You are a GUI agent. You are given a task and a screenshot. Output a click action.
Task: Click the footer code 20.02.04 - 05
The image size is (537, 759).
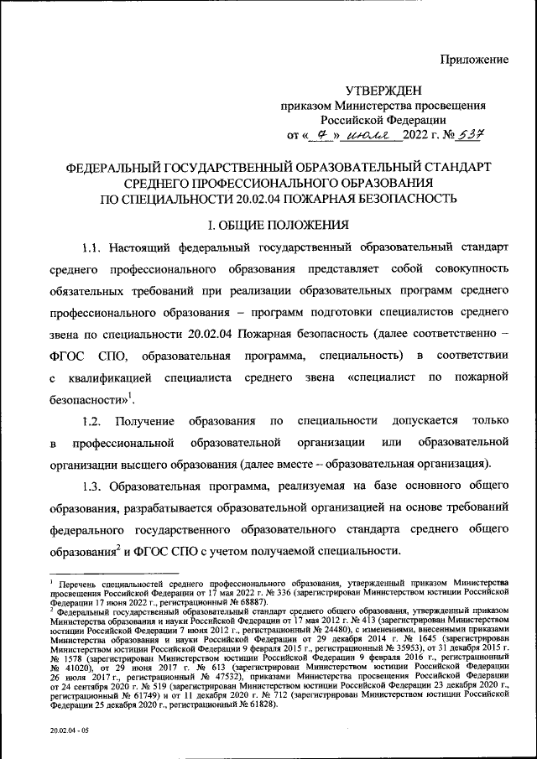[70, 732]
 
